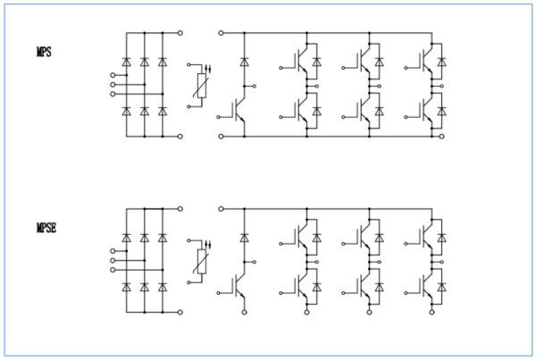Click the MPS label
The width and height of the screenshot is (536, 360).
[44, 53]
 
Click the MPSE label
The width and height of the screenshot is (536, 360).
[46, 228]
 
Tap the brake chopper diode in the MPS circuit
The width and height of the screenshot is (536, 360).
[243, 63]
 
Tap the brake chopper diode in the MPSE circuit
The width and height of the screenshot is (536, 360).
[243, 239]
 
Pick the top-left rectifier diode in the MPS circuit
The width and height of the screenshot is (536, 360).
[126, 63]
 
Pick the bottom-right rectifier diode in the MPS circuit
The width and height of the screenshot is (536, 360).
[162, 112]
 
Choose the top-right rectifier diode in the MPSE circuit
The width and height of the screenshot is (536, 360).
[162, 238]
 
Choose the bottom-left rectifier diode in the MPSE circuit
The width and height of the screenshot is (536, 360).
[126, 287]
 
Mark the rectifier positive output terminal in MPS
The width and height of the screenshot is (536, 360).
[180, 33]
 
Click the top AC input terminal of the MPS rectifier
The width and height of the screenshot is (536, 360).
[113, 75]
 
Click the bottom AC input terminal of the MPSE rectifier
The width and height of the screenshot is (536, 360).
[113, 270]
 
